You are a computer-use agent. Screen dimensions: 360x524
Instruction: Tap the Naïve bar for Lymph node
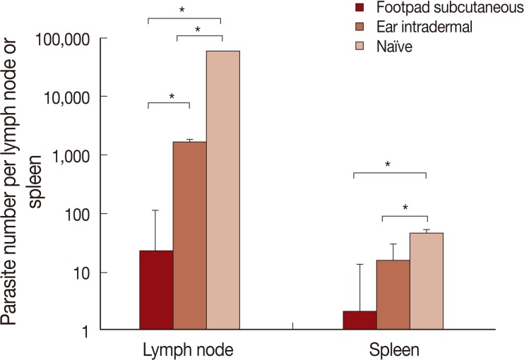pyautogui.click(x=223, y=191)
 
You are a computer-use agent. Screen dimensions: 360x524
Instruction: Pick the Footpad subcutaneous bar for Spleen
pyautogui.click(x=359, y=320)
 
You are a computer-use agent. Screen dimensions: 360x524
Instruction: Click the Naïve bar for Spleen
pyautogui.click(x=427, y=282)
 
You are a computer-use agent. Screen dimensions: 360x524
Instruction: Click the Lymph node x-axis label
pyautogui.click(x=189, y=349)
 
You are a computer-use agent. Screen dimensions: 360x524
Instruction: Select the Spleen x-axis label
pyautogui.click(x=393, y=349)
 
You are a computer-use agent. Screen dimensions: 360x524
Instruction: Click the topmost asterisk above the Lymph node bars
pyautogui.click(x=183, y=10)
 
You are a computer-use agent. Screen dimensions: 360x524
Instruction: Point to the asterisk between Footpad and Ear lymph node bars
pyautogui.click(x=171, y=97)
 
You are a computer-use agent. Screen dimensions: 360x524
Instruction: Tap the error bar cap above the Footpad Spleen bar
pyautogui.click(x=359, y=265)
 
